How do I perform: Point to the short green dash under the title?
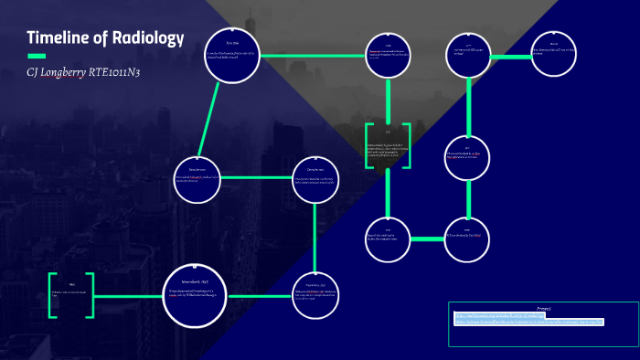coord(37,56)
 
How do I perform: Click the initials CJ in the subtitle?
coord(33,72)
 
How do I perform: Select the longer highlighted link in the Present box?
coord(529,323)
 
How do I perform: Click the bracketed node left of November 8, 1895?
coord(71,294)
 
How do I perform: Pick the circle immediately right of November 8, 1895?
coord(315,295)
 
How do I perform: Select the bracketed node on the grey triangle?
coord(388,145)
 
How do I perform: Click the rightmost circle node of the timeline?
coord(553,56)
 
